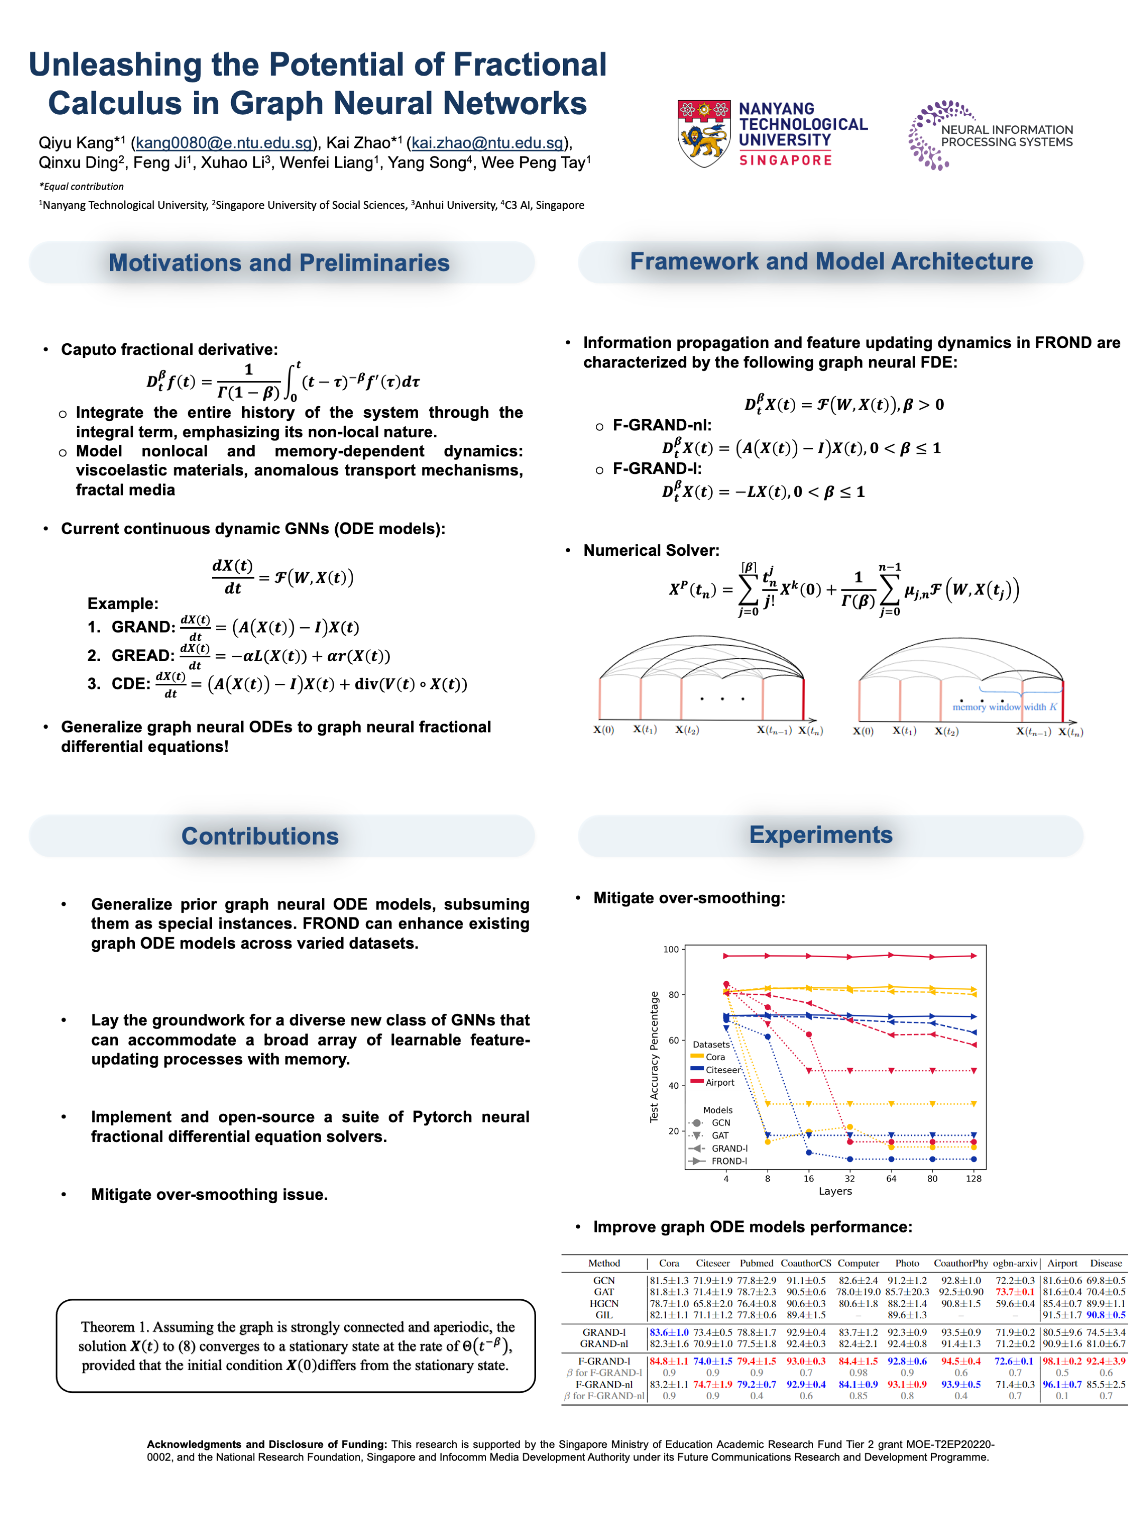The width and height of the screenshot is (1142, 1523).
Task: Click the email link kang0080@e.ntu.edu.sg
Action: click(x=224, y=143)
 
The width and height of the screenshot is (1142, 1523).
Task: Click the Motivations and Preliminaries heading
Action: click(x=279, y=262)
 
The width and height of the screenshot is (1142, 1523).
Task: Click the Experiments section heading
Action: click(x=820, y=834)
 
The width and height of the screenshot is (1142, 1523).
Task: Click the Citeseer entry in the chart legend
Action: click(x=723, y=1069)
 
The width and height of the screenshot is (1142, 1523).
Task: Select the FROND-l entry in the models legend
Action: click(x=729, y=1161)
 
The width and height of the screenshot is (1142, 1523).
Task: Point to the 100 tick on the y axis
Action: click(x=670, y=949)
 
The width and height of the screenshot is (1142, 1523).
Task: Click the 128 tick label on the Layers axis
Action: click(x=973, y=1178)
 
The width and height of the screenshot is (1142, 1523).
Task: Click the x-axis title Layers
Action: click(x=835, y=1191)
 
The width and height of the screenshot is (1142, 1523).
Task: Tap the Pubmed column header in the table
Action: click(x=756, y=1263)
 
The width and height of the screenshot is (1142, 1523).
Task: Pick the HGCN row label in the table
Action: click(x=604, y=1304)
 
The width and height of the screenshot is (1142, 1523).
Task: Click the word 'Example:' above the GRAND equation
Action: click(x=123, y=603)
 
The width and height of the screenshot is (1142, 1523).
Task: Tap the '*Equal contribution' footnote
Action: click(x=82, y=186)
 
